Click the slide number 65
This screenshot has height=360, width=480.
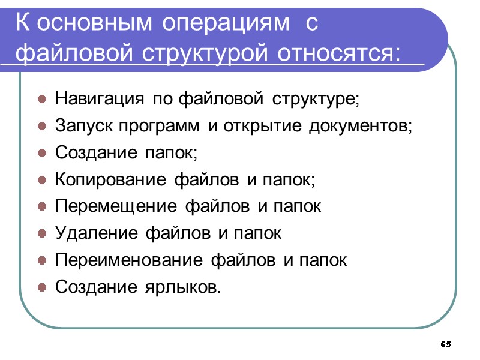(x=445, y=344)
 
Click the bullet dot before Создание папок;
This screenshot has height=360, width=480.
(x=43, y=154)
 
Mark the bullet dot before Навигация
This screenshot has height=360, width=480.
(x=43, y=100)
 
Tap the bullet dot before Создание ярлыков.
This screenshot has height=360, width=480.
(x=43, y=289)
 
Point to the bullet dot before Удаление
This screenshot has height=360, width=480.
(x=43, y=235)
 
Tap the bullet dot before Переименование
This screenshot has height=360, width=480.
(x=43, y=262)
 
